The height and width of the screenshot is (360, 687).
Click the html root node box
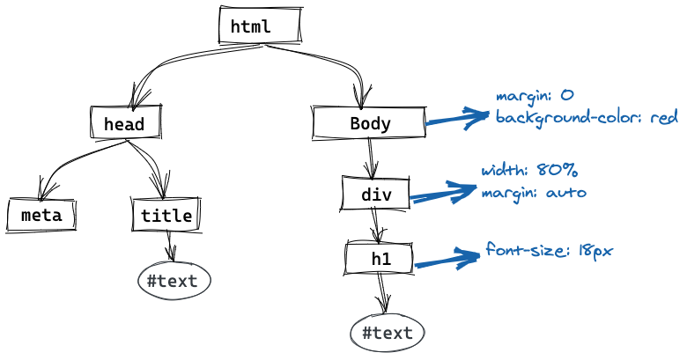click(x=260, y=25)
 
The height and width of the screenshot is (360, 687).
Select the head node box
click(x=126, y=122)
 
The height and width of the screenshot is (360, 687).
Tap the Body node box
click(x=369, y=122)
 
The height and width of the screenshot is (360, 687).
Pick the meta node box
click(x=41, y=215)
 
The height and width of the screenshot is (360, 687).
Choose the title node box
click(x=166, y=215)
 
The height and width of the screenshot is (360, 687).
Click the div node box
click(x=375, y=194)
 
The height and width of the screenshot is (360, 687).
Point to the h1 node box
click(x=379, y=259)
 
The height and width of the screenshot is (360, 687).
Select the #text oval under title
click(x=174, y=281)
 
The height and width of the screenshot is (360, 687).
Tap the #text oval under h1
click(x=388, y=333)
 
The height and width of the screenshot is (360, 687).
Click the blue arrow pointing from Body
click(x=457, y=118)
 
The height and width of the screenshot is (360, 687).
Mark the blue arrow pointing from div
click(x=443, y=193)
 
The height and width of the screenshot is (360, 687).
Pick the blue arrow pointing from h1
click(x=447, y=259)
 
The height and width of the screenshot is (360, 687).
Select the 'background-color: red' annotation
click(x=587, y=117)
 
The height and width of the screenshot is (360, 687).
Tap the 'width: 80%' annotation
click(x=529, y=170)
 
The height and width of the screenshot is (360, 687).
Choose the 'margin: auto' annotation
click(x=534, y=193)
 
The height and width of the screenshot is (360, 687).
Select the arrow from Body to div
click(x=372, y=158)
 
